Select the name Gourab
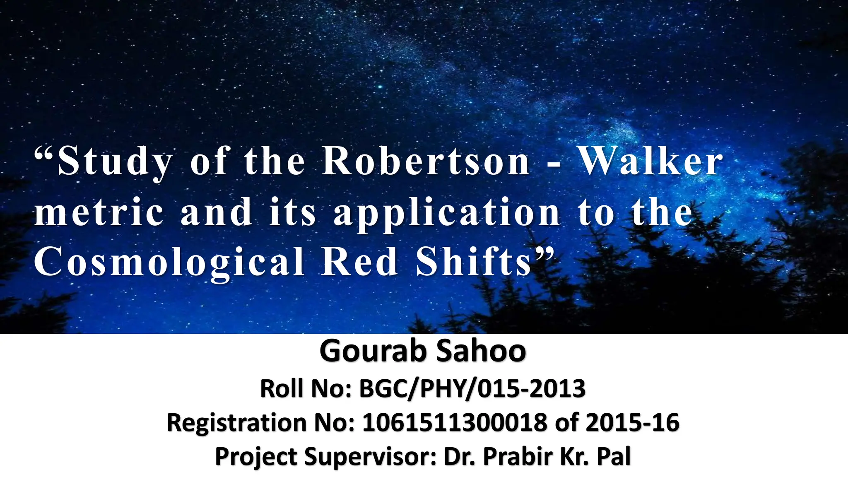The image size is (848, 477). coord(373,352)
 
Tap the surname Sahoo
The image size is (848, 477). coord(481,352)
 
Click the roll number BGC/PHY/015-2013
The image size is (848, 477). coord(472,389)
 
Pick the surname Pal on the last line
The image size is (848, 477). coord(614,456)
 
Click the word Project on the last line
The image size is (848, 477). coord(256,457)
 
